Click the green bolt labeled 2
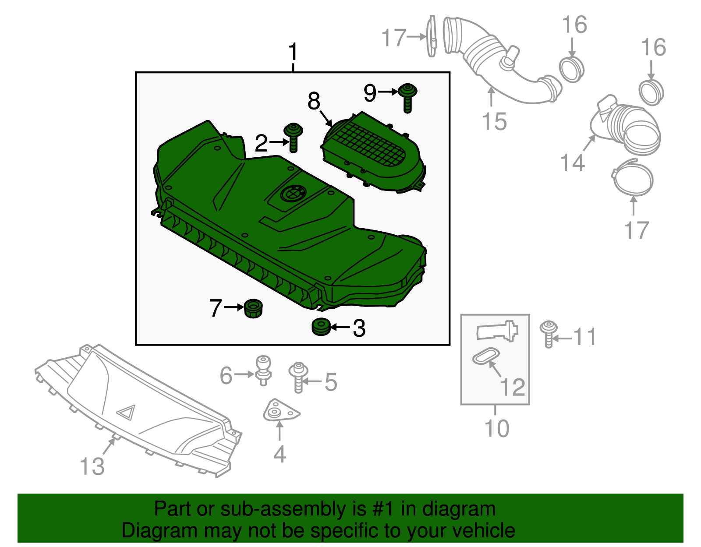coord(294,137)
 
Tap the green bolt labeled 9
coord(407,98)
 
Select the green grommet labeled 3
coord(321,327)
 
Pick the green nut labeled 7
coord(253,308)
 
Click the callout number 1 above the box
coord(293,52)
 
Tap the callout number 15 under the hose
coord(494,121)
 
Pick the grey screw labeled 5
coord(298,377)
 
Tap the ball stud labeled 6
coord(263,370)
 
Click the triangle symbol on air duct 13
coord(127,412)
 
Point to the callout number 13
coord(92,466)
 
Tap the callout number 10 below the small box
coord(497,428)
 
